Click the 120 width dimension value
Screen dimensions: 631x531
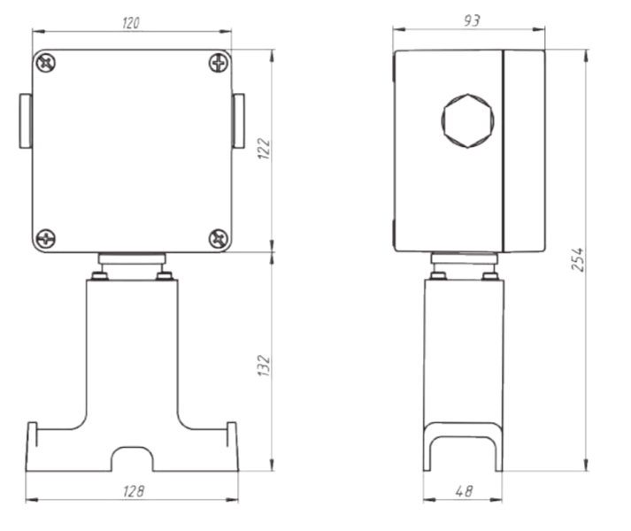pos(131,23)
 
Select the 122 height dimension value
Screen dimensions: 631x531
pos(264,149)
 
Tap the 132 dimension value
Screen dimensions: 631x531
pos(264,366)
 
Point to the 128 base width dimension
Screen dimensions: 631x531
pos(134,491)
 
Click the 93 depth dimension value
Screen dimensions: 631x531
pos(472,20)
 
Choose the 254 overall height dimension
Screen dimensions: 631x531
pos(578,259)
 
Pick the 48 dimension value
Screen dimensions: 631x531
pos(464,491)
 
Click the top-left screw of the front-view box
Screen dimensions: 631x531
pos(46,63)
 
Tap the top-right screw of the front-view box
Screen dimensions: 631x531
pos(219,63)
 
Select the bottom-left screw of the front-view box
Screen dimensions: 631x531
pos(46,239)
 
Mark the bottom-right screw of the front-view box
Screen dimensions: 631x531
pos(219,239)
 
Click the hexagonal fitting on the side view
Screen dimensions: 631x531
pos(467,120)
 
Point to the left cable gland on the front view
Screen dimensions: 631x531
pos(26,120)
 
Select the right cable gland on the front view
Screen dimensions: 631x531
pos(238,120)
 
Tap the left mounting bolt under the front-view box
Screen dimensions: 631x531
pos(99,276)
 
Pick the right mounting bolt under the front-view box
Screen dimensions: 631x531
pos(165,276)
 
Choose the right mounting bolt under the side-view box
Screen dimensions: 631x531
pos(490,276)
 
